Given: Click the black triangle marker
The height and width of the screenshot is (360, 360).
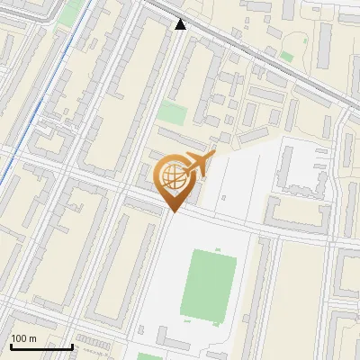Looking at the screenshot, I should (x=181, y=24).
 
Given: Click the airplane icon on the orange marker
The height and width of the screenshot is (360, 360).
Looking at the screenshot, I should (x=199, y=163).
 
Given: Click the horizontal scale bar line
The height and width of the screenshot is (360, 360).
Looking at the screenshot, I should (x=41, y=346).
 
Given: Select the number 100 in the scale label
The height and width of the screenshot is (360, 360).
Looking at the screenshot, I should (x=20, y=338).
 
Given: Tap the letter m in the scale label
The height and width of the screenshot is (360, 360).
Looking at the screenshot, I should (x=32, y=338).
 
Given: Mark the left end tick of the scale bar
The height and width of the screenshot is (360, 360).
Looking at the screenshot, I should (x=11, y=345).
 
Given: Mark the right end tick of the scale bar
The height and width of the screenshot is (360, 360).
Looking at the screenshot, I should (x=72, y=345).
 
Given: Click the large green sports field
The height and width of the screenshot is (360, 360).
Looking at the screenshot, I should (x=209, y=287).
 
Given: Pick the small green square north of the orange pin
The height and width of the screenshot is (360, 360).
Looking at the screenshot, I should (x=172, y=112).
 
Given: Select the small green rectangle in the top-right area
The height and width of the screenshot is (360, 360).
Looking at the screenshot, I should (x=286, y=57).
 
